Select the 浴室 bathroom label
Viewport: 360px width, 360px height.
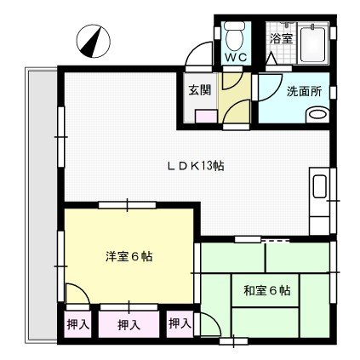click(x=279, y=38)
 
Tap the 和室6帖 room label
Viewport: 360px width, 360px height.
click(x=266, y=290)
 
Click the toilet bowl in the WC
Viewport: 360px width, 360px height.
click(x=233, y=37)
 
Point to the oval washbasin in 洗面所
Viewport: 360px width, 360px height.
click(x=317, y=113)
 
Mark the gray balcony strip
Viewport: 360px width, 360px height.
click(x=40, y=204)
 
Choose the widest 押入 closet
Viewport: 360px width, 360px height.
click(x=129, y=325)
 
